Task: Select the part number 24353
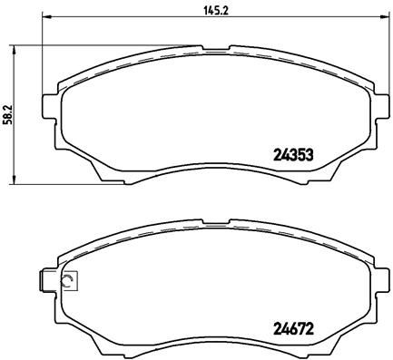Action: [x=293, y=154]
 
